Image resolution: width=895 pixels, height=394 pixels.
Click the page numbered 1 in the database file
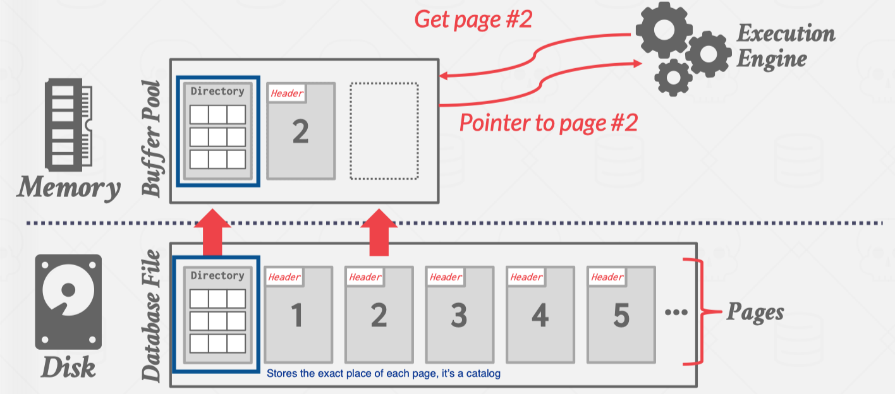[x=298, y=314]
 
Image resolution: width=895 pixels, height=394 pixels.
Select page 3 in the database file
[x=460, y=314]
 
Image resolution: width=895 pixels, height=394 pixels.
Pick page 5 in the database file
[x=621, y=314]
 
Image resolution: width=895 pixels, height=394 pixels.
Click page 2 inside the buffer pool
[x=300, y=131]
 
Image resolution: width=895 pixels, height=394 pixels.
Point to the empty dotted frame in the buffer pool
[x=384, y=131]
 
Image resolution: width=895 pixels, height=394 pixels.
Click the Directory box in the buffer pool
[x=218, y=131]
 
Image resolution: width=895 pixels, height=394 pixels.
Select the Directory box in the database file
[x=217, y=314]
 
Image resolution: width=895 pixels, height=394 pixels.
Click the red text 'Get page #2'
[x=473, y=20]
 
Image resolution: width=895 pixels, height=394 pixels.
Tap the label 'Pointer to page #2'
[x=548, y=122]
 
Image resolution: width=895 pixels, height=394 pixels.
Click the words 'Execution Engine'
[x=785, y=46]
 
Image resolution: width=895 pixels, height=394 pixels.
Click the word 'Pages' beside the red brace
[x=755, y=312]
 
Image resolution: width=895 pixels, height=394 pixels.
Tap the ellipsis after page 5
[x=676, y=312]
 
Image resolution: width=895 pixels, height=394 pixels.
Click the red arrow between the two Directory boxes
[x=214, y=232]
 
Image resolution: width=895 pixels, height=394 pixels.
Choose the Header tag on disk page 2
[x=365, y=277]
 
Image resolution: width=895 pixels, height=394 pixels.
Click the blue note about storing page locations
[x=383, y=373]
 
